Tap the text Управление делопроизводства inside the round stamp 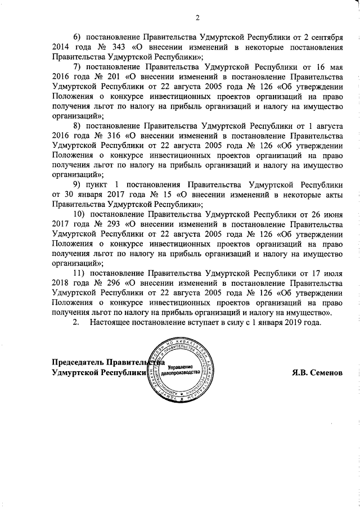point(180,370)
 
